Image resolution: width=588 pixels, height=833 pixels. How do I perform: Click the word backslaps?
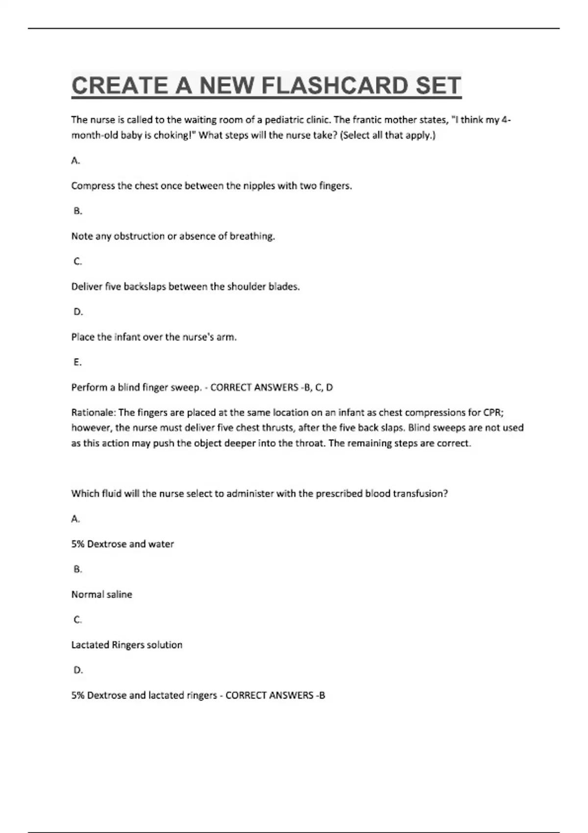144,287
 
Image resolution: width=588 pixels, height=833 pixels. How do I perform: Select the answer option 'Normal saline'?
102,594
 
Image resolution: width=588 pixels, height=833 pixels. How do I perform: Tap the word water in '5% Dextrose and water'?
161,544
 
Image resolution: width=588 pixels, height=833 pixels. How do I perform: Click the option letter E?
77,362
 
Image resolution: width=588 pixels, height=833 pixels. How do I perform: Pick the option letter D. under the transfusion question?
78,670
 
